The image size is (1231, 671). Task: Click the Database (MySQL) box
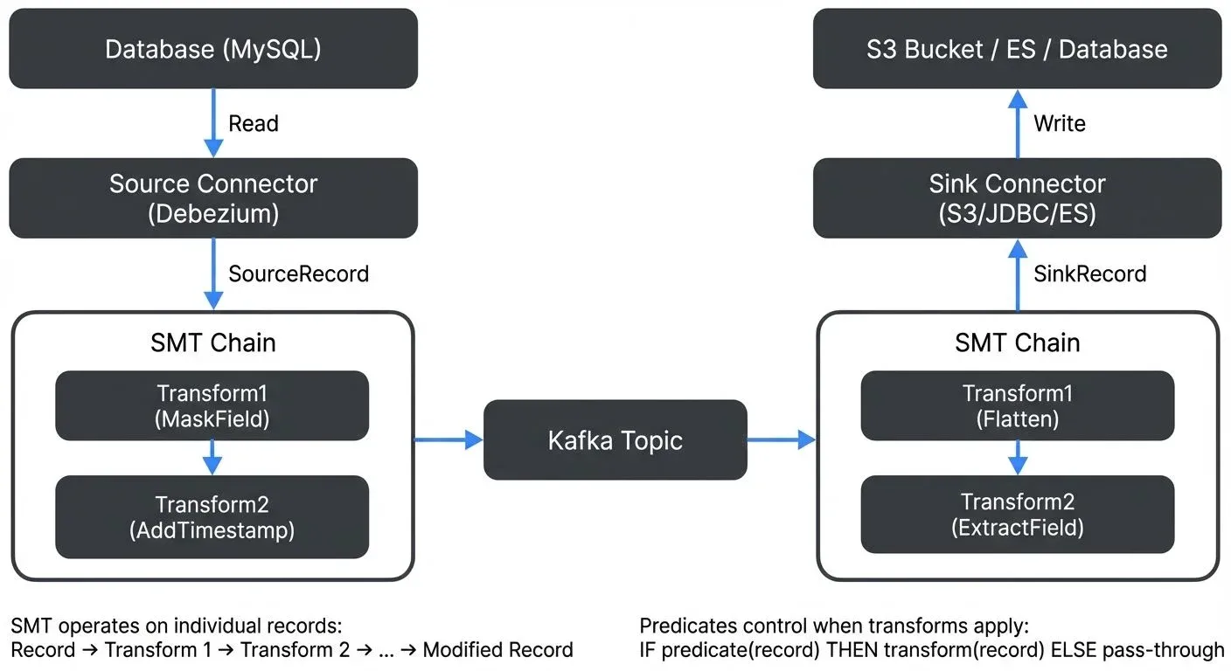click(212, 49)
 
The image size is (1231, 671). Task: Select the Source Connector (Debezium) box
click(212, 198)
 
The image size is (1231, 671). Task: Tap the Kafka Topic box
click(615, 440)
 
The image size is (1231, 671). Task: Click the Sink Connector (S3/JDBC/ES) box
click(1017, 198)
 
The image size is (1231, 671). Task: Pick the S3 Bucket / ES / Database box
click(1017, 49)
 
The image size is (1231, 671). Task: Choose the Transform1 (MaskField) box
click(212, 406)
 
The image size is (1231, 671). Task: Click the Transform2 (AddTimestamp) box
click(212, 516)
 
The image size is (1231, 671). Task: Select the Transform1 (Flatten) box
click(1017, 406)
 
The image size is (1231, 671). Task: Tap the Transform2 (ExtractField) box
click(1017, 515)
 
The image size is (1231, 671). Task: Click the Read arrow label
click(254, 124)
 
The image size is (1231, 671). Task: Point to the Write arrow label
click(1059, 124)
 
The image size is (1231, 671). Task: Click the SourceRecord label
click(298, 274)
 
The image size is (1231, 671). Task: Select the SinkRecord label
click(1089, 274)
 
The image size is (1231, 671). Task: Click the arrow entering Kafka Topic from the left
click(449, 440)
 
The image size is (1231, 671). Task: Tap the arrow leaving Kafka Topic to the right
click(781, 440)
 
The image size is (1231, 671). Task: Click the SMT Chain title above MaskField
click(212, 343)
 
